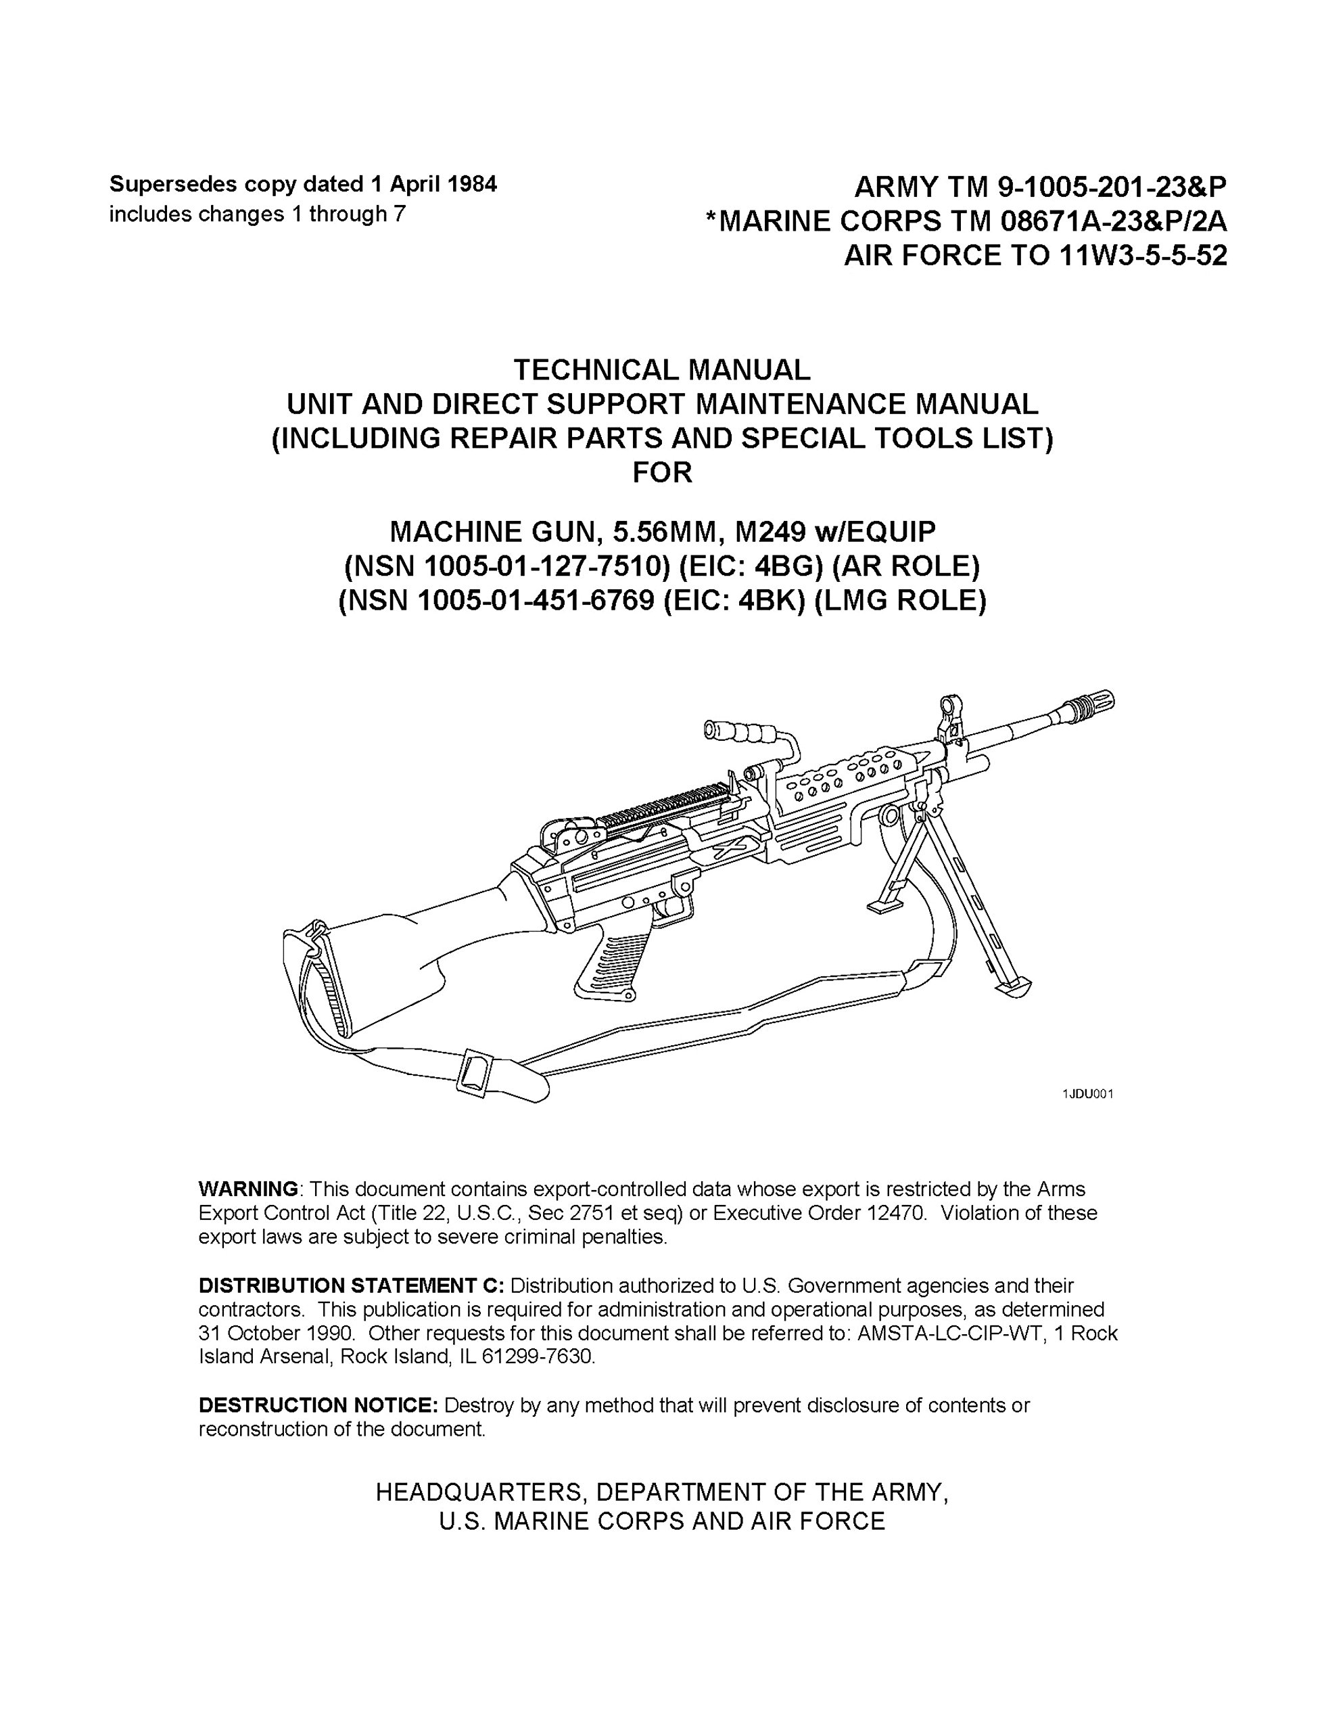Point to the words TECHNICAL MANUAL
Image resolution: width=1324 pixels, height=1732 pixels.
click(x=661, y=369)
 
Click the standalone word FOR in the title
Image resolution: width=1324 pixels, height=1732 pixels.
click(x=662, y=473)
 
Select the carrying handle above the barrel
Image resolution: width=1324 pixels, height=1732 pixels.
click(x=744, y=734)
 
